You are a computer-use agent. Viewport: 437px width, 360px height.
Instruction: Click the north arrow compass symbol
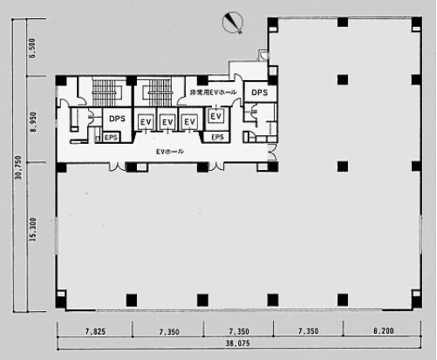pyautogui.click(x=233, y=22)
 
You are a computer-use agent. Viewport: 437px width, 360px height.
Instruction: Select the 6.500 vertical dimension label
pyautogui.click(x=33, y=48)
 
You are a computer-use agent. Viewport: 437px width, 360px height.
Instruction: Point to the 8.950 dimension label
pyautogui.click(x=33, y=122)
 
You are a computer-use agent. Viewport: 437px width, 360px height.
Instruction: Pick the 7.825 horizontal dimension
pyautogui.click(x=96, y=331)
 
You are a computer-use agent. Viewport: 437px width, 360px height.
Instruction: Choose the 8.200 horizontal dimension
pyautogui.click(x=384, y=331)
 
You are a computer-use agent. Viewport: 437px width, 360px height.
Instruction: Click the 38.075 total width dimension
pyautogui.click(x=238, y=343)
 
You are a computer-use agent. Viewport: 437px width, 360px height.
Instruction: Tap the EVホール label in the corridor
pyautogui.click(x=170, y=151)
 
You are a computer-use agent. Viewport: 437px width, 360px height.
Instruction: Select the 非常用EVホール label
pyautogui.click(x=213, y=92)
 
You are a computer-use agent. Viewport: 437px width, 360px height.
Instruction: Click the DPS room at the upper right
pyautogui.click(x=260, y=92)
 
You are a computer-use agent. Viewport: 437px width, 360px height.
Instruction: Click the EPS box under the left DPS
pyautogui.click(x=111, y=137)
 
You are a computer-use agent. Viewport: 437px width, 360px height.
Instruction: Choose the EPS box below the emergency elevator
pyautogui.click(x=217, y=137)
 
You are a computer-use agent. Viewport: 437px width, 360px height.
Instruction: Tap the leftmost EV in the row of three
pyautogui.click(x=146, y=121)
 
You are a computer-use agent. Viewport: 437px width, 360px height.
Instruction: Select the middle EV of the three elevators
pyautogui.click(x=168, y=121)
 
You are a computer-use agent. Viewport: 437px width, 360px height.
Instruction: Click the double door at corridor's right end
pyautogui.click(x=272, y=152)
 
